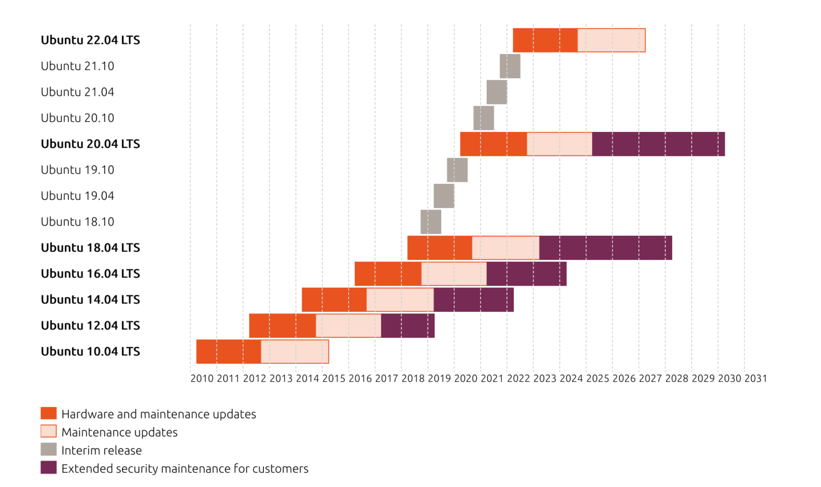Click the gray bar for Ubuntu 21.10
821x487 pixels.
(x=510, y=66)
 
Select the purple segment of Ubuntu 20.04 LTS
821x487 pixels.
(x=658, y=144)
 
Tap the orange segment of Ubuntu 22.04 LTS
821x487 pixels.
(x=545, y=40)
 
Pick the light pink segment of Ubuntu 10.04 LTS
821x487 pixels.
(x=294, y=351)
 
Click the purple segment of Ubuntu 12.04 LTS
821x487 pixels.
(x=408, y=326)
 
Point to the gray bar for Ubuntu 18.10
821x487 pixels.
(x=431, y=222)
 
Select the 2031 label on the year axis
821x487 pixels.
(x=755, y=379)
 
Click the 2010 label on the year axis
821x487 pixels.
(x=202, y=379)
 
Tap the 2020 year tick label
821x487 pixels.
(x=466, y=379)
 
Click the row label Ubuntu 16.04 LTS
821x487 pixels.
(x=90, y=274)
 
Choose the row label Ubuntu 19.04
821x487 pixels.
(x=77, y=196)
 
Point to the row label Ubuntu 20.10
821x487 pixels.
(x=77, y=118)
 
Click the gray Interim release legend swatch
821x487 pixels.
(x=49, y=450)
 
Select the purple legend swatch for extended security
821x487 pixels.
(x=49, y=468)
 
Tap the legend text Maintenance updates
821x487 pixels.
(x=119, y=432)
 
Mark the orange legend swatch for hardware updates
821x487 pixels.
(x=49, y=414)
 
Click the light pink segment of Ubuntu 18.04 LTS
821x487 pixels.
(x=505, y=248)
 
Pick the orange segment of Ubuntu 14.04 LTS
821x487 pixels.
(x=334, y=300)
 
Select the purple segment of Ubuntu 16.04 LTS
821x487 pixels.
(x=526, y=274)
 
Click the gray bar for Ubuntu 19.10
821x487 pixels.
(x=457, y=170)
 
